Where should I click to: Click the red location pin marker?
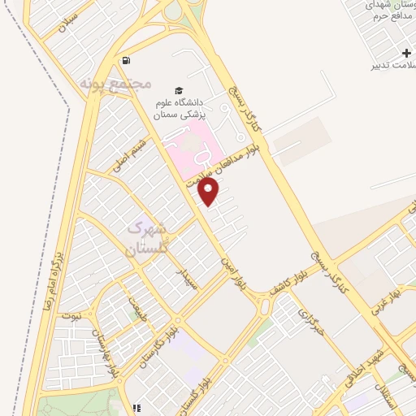point(210,192)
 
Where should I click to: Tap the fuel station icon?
point(126,60)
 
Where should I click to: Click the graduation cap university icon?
point(179,89)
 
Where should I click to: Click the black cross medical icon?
point(405,52)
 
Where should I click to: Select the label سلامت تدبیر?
point(388,65)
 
